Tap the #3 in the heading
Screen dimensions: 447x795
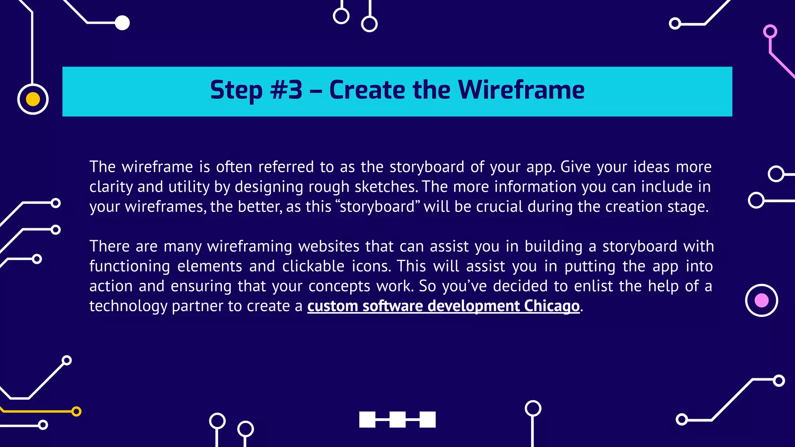286,90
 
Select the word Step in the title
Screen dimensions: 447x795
236,91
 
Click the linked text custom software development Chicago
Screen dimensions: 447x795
443,306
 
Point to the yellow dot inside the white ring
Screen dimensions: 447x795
33,99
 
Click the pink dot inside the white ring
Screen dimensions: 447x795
761,300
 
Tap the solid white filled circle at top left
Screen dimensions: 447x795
122,23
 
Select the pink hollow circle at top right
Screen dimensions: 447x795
770,31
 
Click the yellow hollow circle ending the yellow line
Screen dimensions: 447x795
76,411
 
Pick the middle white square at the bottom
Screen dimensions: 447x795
397,419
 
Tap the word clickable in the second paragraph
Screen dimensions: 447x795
313,267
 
